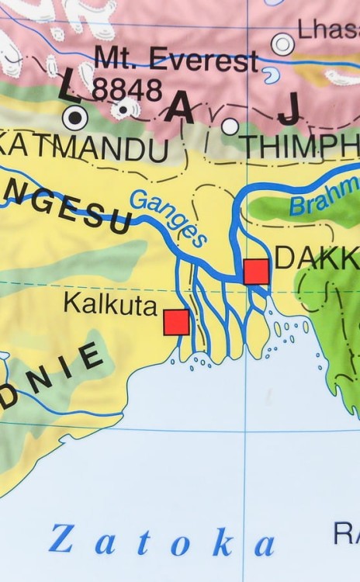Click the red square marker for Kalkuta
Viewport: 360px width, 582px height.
coord(176,321)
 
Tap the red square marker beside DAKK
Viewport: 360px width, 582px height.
coord(256,272)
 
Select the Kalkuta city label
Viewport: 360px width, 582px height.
coord(110,303)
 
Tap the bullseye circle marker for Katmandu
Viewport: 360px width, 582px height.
coord(74,119)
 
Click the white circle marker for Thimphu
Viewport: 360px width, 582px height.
coord(230,126)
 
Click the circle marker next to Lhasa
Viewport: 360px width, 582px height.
coord(282,44)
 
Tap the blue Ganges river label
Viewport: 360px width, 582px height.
coord(168,217)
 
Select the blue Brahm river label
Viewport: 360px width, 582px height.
coord(325,196)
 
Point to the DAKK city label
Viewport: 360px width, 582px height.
coord(317,258)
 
